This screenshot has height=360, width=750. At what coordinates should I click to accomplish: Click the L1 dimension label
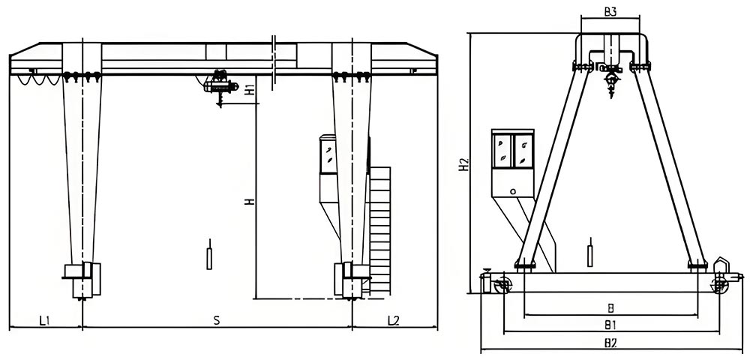pos(44,321)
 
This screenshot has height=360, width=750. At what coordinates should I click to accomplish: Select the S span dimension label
pos(216,321)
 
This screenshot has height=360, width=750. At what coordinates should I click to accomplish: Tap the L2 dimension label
pos(394,321)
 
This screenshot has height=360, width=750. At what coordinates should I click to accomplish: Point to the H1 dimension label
pos(249,89)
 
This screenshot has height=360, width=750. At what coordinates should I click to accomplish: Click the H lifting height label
pos(249,201)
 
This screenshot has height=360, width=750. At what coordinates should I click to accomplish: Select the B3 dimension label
pos(610,12)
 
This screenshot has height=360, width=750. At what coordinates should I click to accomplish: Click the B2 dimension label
pos(610,343)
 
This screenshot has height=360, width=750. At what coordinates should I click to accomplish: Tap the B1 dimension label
pos(610,325)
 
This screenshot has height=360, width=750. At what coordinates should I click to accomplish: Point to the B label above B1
pos(610,307)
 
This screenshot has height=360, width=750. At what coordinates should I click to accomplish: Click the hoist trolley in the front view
pos(220,82)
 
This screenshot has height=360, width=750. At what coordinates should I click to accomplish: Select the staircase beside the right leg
pos(380,225)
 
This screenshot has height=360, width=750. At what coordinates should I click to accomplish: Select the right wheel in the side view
pos(718,286)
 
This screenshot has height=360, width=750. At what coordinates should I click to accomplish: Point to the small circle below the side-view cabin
pos(513,191)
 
